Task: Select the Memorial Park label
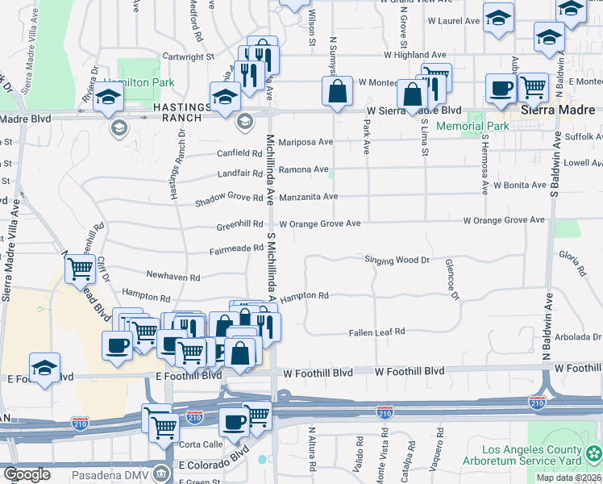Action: pyautogui.click(x=472, y=127)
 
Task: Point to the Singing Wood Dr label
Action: pyautogui.click(x=397, y=261)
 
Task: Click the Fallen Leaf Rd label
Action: pyautogui.click(x=376, y=332)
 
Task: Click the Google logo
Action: pyautogui.click(x=27, y=474)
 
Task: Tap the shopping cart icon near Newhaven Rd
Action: pyautogui.click(x=81, y=269)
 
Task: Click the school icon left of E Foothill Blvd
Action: pyautogui.click(x=44, y=367)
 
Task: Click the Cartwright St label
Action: pyautogui.click(x=188, y=57)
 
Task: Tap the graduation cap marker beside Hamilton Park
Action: pyautogui.click(x=107, y=99)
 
